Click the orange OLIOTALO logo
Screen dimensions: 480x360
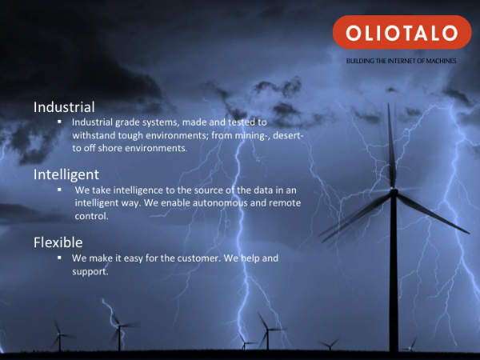click(402, 32)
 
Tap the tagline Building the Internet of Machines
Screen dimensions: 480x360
click(401, 61)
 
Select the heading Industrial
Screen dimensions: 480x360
click(64, 107)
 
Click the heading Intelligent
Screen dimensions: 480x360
click(66, 175)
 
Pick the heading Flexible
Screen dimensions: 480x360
click(58, 242)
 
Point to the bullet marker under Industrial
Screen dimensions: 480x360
click(59, 122)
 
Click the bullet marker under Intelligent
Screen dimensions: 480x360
click(59, 190)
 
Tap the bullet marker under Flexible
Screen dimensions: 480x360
click(59, 258)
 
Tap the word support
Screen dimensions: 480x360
click(90, 272)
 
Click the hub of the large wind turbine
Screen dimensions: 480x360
click(394, 192)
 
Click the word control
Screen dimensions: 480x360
click(91, 216)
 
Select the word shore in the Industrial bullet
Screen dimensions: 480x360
click(110, 149)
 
